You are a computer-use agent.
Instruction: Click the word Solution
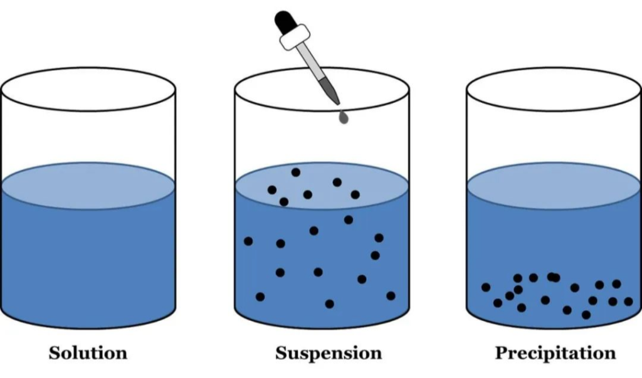pos(88,353)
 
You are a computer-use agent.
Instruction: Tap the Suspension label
pos(329,353)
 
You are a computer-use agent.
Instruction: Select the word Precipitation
pos(555,353)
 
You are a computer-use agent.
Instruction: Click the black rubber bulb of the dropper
pos(284,23)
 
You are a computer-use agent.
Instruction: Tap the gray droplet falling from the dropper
pos(342,117)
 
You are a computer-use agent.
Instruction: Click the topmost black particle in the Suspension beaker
pos(296,172)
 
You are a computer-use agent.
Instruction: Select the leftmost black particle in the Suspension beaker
pos(248,241)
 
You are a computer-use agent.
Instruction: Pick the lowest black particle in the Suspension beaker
pos(330,304)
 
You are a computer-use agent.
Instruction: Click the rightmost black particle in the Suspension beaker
pos(391,296)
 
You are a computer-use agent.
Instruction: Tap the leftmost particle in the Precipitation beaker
pos(486,287)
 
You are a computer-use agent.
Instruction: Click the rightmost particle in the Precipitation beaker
pos(628,302)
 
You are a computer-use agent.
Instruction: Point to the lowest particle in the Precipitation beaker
pos(586,315)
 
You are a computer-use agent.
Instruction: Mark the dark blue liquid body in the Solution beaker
pos(88,263)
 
